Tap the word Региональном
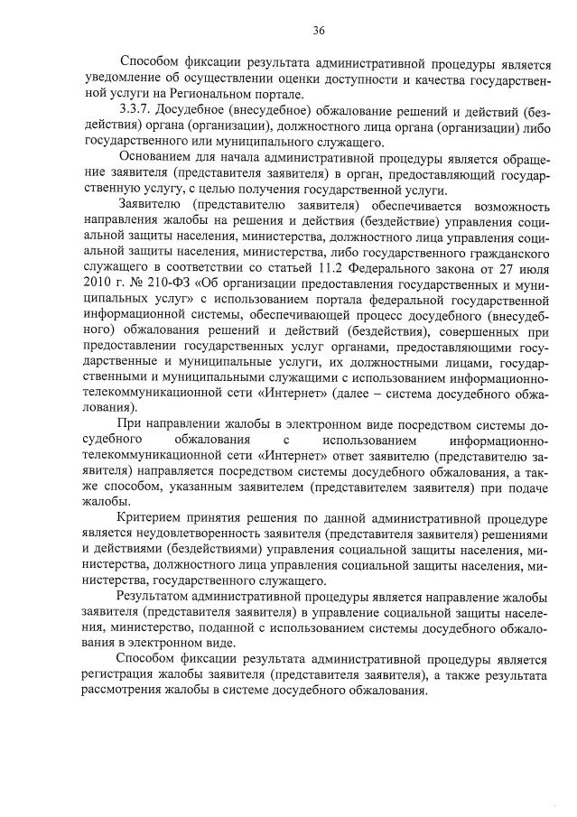pyautogui.click(x=207, y=95)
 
